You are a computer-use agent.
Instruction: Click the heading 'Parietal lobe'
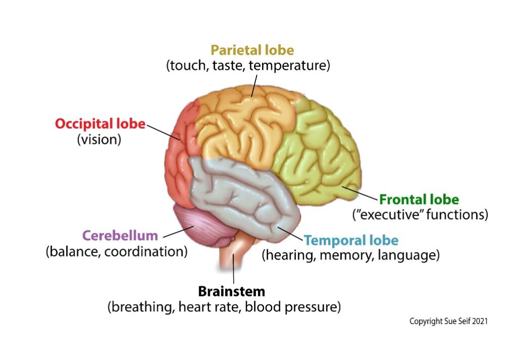pyautogui.click(x=252, y=50)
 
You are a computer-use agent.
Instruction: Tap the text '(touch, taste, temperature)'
pyautogui.click(x=248, y=66)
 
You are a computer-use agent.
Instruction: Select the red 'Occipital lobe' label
pyautogui.click(x=100, y=124)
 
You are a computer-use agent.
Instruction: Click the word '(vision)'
pyautogui.click(x=99, y=139)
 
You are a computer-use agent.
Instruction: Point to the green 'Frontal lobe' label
pyautogui.click(x=419, y=199)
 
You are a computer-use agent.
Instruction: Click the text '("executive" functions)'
pyautogui.click(x=420, y=215)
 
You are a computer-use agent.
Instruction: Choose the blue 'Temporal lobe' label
pyautogui.click(x=351, y=240)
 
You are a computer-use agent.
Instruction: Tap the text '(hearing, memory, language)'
pyautogui.click(x=350, y=255)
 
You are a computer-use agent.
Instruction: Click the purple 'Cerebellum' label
pyautogui.click(x=120, y=235)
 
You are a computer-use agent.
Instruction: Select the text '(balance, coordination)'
pyautogui.click(x=116, y=251)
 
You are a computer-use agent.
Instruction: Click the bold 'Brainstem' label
pyautogui.click(x=231, y=292)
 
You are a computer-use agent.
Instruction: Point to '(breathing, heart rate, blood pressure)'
pyautogui.click(x=224, y=307)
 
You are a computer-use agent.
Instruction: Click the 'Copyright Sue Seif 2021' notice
pyautogui.click(x=448, y=321)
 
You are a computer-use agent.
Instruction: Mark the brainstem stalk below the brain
pyautogui.click(x=231, y=256)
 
